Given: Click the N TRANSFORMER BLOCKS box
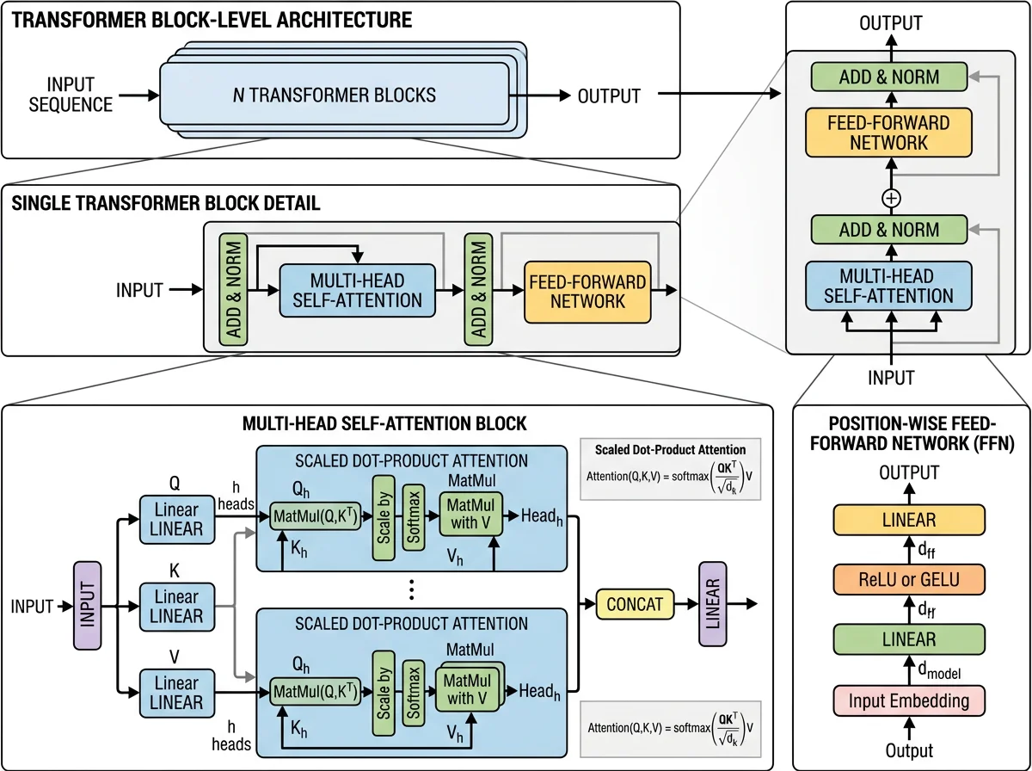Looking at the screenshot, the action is [334, 94].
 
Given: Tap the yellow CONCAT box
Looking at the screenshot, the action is [635, 604].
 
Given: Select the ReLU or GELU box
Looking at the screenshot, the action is [909, 579].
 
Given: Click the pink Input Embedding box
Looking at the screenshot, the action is [909, 701].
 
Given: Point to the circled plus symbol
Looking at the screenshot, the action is [891, 199].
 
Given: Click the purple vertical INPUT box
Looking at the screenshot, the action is [88, 606].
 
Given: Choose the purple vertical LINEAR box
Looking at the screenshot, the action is [713, 604].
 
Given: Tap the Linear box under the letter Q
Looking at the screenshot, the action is [177, 520].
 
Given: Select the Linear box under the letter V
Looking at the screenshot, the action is [177, 693].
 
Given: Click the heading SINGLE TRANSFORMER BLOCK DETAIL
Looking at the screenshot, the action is [165, 203].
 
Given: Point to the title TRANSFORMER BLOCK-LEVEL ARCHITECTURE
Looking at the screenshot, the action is [212, 21].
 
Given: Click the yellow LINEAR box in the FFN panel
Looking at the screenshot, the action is [909, 520].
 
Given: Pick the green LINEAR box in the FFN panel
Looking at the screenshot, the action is [909, 639].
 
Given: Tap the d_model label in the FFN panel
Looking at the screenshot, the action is [939, 669].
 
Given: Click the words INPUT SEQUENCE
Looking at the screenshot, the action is [71, 95].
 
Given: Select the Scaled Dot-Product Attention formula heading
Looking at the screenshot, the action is [670, 450].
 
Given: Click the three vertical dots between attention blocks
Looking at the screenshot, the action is [411, 590].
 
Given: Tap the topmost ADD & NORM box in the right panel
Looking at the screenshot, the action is [889, 77].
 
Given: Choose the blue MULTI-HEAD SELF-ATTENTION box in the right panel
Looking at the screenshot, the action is [888, 286].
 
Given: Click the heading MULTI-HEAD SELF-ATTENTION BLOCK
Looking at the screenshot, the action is [384, 423].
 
